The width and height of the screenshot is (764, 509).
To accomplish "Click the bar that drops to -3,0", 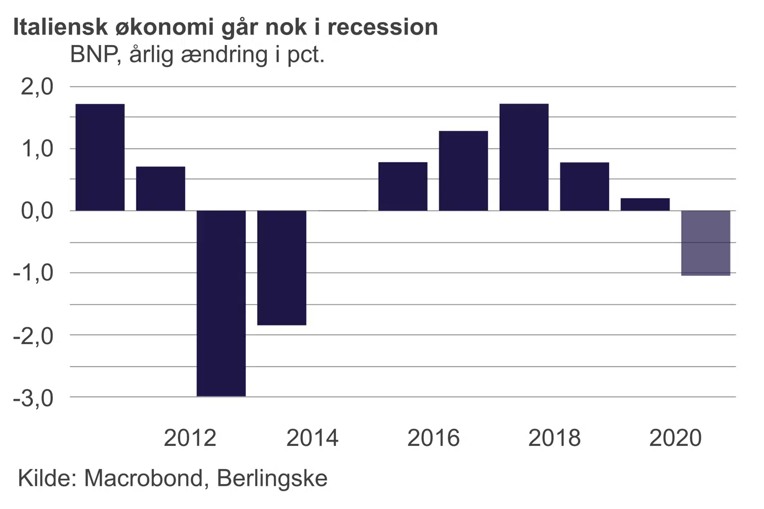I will [x=221, y=303].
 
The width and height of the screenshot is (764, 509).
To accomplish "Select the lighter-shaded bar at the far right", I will [x=706, y=243].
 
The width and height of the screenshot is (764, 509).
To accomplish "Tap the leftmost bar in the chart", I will [x=100, y=157].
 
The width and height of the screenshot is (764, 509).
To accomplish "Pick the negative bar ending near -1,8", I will [x=282, y=268].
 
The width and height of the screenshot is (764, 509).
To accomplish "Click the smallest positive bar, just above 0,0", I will [x=645, y=205].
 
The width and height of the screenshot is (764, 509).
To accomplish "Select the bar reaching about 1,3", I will [x=463, y=171].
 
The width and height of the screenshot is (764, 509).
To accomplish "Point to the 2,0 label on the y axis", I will [x=37, y=86].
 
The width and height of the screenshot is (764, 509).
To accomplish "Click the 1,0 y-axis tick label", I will [x=37, y=149].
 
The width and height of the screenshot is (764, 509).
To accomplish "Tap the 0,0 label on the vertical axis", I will [x=37, y=211].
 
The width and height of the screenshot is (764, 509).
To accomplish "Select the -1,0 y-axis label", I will [x=33, y=273].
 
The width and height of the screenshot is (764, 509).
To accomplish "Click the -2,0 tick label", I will [x=33, y=336].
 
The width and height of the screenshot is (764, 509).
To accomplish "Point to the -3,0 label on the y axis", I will [x=33, y=398].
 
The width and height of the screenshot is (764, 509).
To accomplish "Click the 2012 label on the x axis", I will [x=190, y=438].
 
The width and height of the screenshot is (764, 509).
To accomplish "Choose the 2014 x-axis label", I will [x=312, y=438].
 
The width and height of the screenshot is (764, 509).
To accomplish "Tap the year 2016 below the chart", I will [x=433, y=438].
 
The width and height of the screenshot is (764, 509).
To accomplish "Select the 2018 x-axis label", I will [x=554, y=438].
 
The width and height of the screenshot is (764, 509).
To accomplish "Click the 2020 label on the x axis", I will [x=675, y=438].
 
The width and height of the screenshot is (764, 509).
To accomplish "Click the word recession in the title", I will [x=383, y=27].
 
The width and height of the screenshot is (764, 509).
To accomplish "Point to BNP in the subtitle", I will [x=92, y=55].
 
